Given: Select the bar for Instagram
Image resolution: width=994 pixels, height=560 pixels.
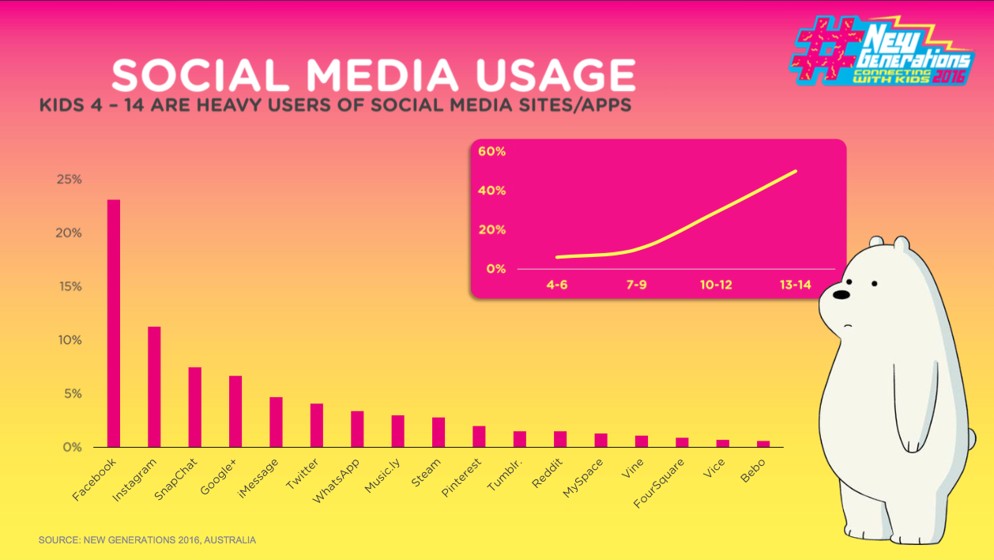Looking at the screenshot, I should tap(154, 387).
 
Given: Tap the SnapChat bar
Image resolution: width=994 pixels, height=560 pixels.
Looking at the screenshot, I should tap(194, 407).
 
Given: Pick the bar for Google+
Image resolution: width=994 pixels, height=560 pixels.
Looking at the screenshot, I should tap(235, 411).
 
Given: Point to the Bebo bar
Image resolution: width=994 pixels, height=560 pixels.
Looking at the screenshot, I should tap(763, 444).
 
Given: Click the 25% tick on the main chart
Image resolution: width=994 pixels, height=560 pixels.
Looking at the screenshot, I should tap(69, 180).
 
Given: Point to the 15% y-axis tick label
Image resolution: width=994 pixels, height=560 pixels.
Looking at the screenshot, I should tap(69, 286).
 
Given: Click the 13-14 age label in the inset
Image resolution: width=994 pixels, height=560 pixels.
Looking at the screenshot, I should tap(794, 285).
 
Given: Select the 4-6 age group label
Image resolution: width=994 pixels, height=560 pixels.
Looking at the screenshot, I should tap(556, 285).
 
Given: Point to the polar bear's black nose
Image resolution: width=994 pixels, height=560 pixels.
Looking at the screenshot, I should tap(842, 295).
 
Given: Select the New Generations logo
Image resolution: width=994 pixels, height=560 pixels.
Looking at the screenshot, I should tap(883, 51).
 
